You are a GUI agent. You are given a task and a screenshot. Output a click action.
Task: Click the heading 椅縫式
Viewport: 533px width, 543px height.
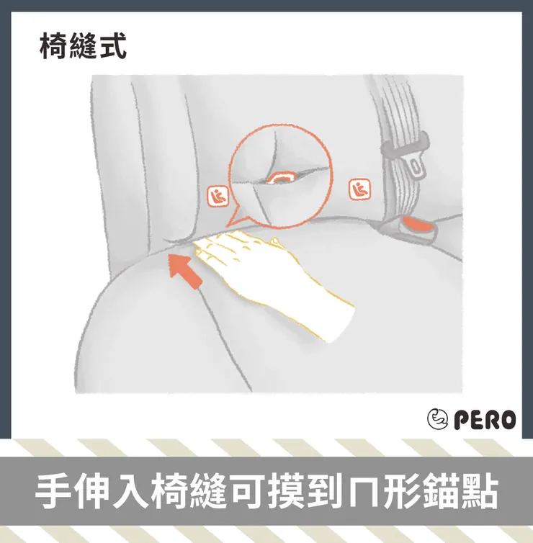click(83, 46)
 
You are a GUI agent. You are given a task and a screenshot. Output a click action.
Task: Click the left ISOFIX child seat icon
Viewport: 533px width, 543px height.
click(218, 197)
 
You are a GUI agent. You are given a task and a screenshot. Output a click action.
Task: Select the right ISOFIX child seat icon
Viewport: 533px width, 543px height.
click(359, 190)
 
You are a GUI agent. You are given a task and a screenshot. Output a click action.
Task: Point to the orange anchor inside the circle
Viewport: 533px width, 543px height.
click(281, 179)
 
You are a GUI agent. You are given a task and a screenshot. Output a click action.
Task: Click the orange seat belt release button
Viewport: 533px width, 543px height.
click(419, 225)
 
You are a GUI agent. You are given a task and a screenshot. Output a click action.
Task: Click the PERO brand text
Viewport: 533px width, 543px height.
click(485, 420)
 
